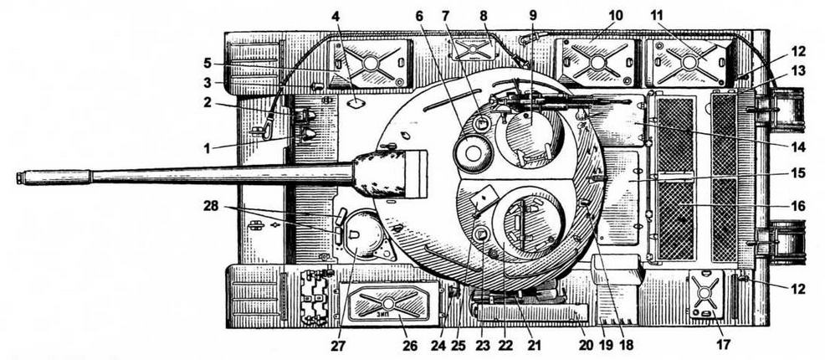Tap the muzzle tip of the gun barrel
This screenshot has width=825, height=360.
pyautogui.click(x=18, y=177)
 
